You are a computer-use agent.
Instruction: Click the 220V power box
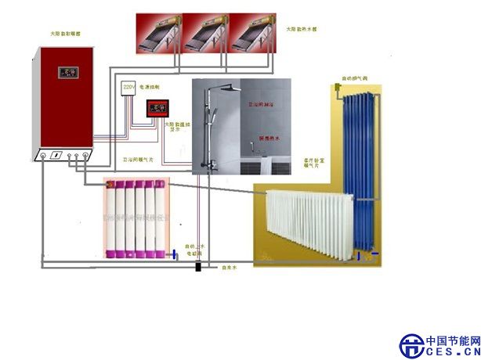click(x=128, y=88)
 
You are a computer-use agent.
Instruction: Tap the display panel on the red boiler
click(x=63, y=74)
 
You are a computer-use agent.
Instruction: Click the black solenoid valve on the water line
click(x=197, y=267)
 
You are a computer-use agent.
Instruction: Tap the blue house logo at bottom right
click(x=411, y=345)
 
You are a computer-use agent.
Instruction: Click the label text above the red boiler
click(x=60, y=34)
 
